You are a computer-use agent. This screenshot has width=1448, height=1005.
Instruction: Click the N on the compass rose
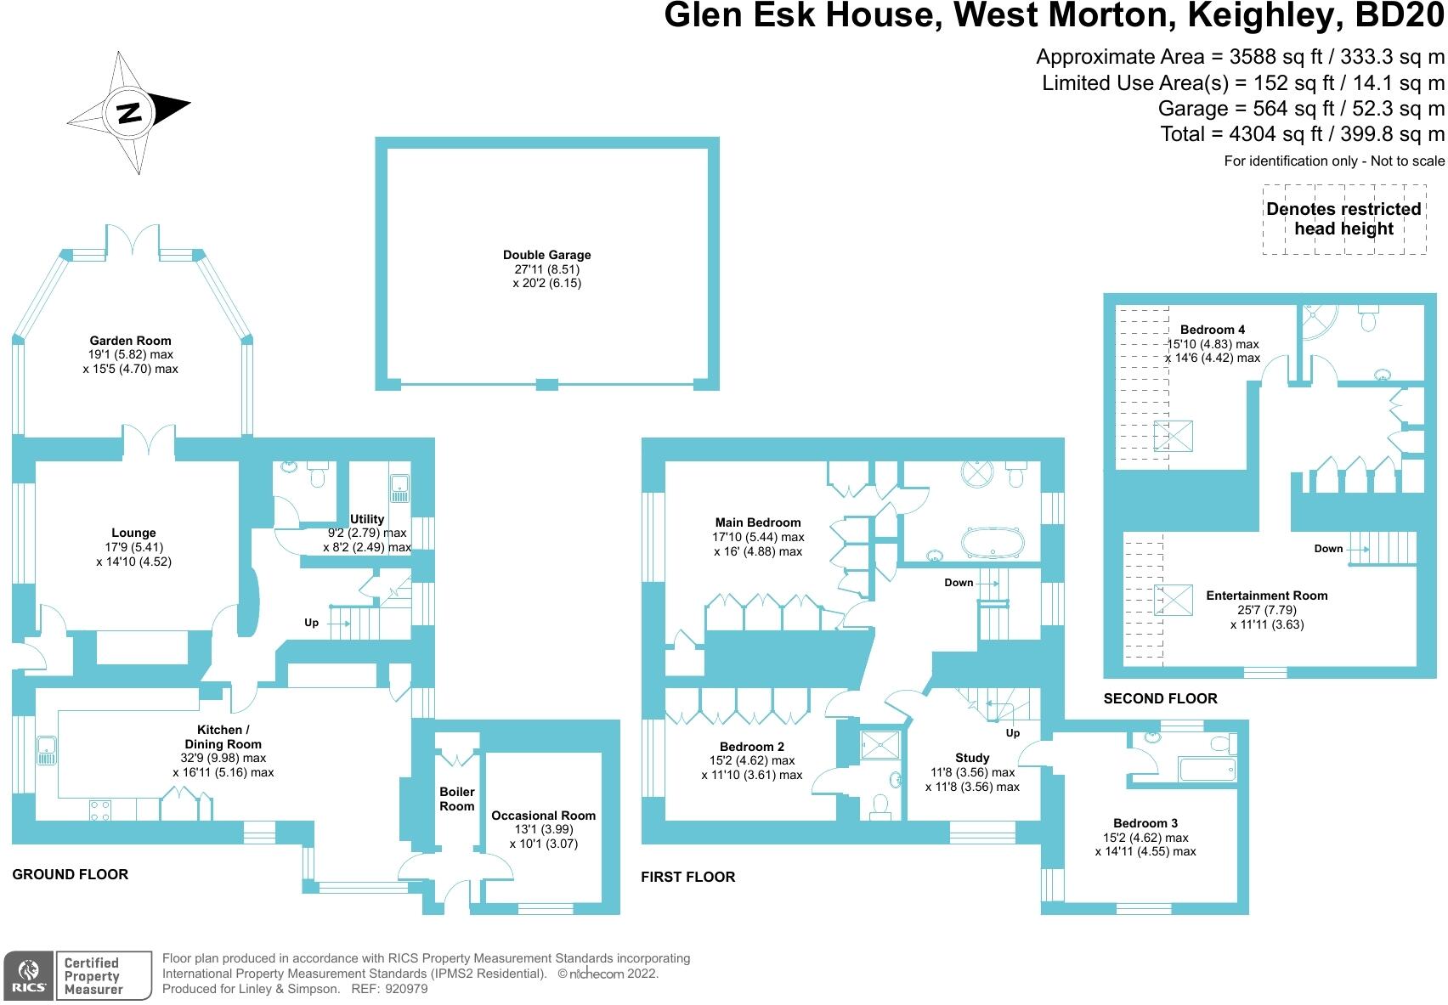point(129,113)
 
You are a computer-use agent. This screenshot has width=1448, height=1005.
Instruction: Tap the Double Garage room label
point(547,256)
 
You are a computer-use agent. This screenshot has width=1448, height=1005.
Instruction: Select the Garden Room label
point(131,341)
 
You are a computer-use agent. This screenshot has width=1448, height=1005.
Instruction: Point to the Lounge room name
point(133,533)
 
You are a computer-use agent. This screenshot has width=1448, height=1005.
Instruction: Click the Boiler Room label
point(457,799)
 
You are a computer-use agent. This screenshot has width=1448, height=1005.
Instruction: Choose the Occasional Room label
point(544,816)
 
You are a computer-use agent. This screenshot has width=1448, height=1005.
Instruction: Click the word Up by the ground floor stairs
point(312,623)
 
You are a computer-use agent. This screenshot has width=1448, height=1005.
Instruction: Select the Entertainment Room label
point(1267,596)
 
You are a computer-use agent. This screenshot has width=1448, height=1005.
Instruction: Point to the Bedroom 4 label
point(1213,330)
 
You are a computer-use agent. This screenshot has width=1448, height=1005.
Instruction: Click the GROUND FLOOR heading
point(71,874)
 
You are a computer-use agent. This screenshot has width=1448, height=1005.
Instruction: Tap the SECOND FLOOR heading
point(1160,698)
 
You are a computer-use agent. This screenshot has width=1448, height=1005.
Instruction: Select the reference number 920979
point(406,989)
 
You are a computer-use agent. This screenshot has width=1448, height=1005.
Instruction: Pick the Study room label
point(972,758)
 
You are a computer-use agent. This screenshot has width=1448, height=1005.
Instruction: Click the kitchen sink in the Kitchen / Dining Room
point(47,750)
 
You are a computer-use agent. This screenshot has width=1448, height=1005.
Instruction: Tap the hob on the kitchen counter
point(99,810)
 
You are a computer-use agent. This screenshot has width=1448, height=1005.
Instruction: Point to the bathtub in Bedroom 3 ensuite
point(1208,770)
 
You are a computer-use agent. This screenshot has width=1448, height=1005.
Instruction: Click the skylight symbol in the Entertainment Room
point(1174,601)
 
